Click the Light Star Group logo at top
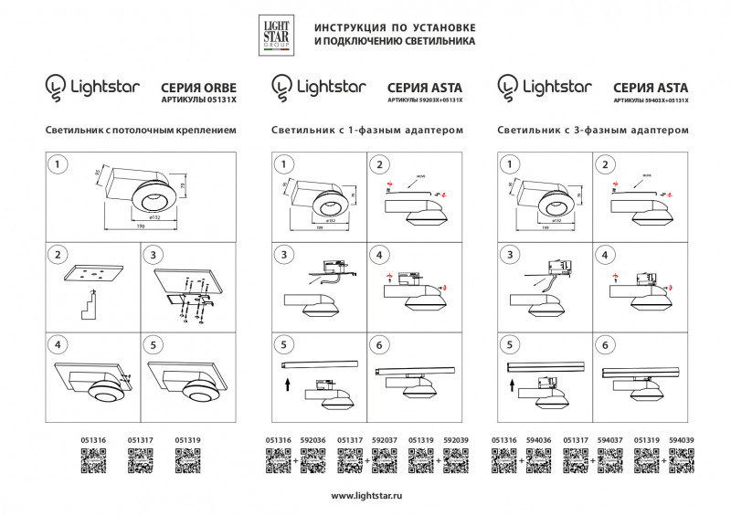click(276, 35)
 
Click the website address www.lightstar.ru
click(365, 496)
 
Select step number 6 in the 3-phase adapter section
click(603, 345)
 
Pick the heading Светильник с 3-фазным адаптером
click(592, 131)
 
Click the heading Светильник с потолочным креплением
click(140, 131)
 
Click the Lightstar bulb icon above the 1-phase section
click(281, 87)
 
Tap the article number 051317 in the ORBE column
click(140, 440)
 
